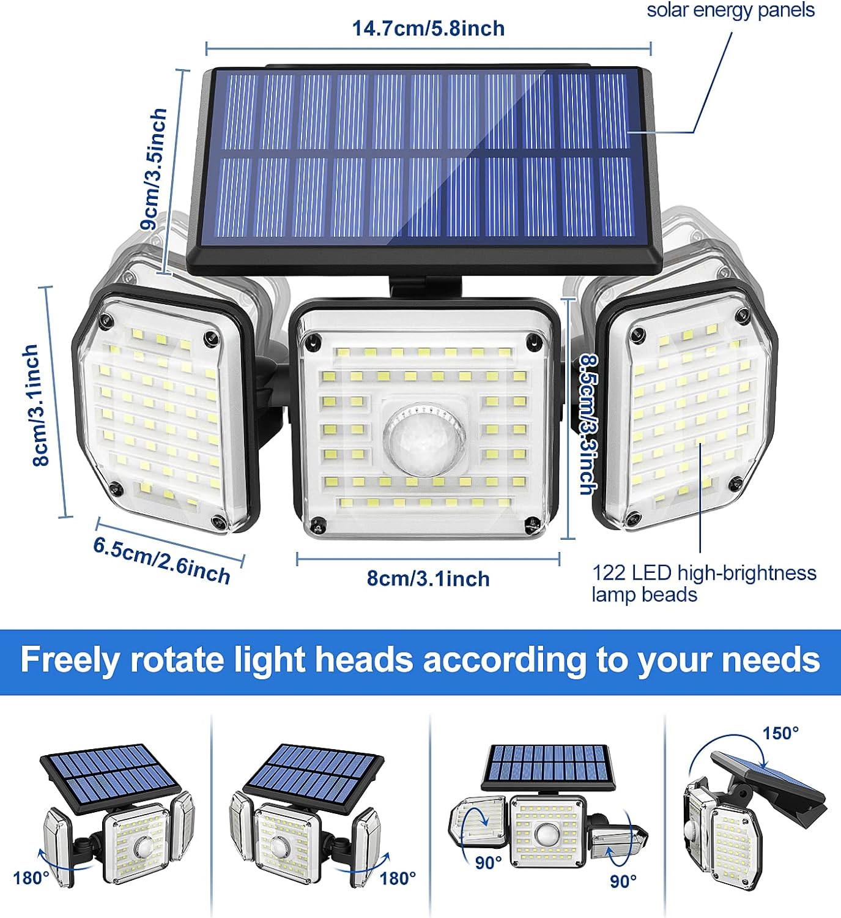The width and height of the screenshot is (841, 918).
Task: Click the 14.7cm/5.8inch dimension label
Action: pos(428,28)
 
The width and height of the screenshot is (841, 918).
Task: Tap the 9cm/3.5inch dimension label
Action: pos(154,169)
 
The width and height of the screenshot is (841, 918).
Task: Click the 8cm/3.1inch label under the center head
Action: pos(428,578)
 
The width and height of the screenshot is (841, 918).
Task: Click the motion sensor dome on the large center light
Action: pos(424,435)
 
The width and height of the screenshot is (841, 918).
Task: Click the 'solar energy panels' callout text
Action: pos(730,10)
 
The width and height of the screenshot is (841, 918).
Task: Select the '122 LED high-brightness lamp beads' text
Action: pos(703,583)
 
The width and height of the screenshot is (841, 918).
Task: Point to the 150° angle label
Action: pos(780,733)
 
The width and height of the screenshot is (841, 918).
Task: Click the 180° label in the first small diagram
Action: pos(31,878)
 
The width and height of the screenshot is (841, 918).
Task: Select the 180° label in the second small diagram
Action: pos(398,878)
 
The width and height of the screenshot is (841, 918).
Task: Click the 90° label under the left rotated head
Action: pos(488,862)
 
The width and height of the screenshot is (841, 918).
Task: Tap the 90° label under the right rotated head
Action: pos(623,881)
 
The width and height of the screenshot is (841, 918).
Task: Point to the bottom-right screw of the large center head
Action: pos(532,524)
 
